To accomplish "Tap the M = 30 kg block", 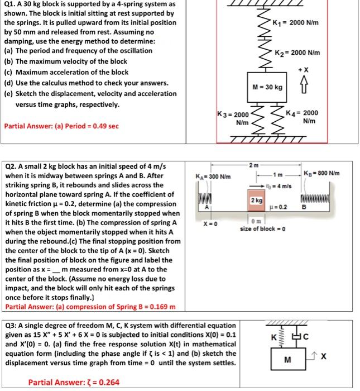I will (x=267, y=87).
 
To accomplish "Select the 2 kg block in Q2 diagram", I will (x=257, y=200).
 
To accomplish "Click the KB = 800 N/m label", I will (x=322, y=173).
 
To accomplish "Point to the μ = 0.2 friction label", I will (x=279, y=207).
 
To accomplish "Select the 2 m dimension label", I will (x=255, y=165).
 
